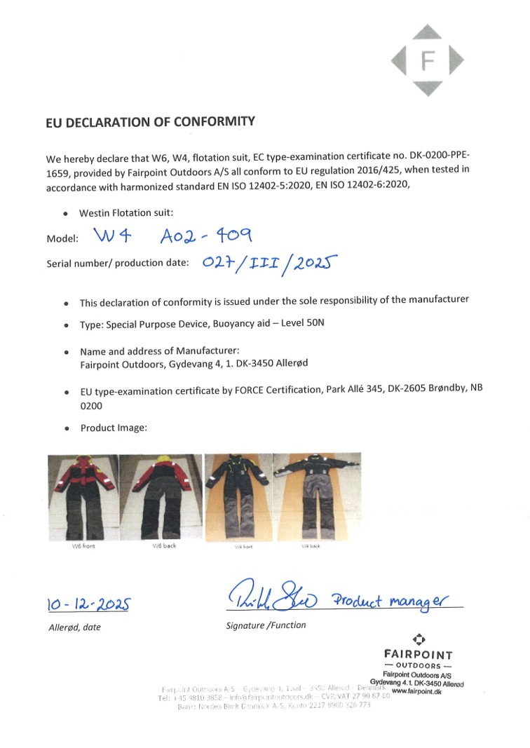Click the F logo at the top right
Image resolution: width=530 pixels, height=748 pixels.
click(428, 60)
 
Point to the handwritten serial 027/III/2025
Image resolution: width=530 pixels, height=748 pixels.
click(270, 263)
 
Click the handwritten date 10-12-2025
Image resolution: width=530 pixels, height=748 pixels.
click(88, 604)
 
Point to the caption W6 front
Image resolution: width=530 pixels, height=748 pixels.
click(84, 546)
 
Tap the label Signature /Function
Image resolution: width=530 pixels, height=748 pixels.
click(266, 625)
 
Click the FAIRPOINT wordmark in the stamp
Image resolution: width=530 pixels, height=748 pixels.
click(419, 655)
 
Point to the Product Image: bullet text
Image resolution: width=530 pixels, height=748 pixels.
click(114, 428)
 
